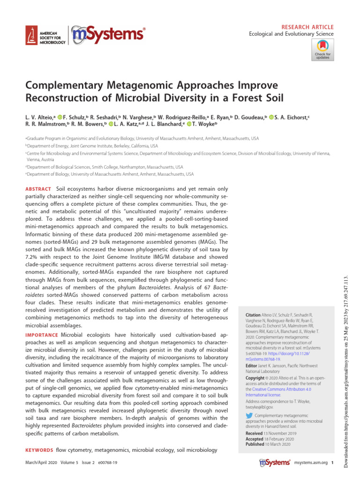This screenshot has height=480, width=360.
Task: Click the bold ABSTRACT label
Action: click(x=38, y=188)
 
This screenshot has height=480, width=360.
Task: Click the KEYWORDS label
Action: click(x=39, y=450)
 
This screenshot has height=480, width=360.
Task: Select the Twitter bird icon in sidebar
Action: click(x=249, y=415)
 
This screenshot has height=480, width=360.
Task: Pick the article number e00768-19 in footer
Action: click(x=105, y=463)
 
